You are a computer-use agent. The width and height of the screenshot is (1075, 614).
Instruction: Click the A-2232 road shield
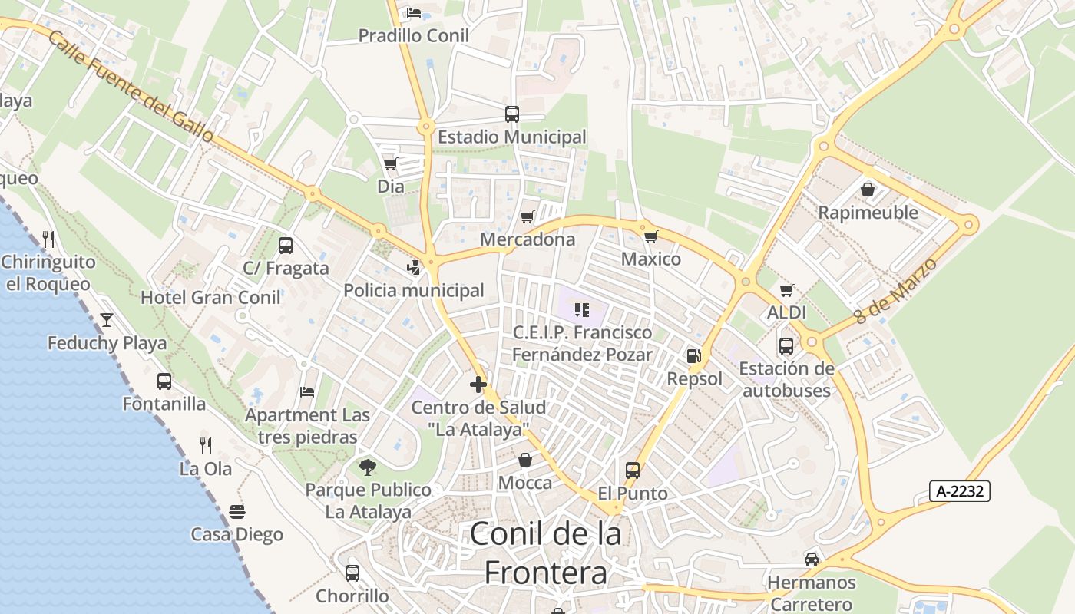(959, 491)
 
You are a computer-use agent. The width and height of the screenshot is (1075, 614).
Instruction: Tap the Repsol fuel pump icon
(693, 355)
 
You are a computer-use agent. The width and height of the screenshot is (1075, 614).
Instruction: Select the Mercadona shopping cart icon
(527, 217)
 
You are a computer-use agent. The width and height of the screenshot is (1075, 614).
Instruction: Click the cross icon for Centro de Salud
(478, 384)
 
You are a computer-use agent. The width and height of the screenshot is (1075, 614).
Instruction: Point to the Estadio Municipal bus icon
(512, 114)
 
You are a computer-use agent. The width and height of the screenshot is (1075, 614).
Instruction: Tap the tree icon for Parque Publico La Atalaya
(368, 467)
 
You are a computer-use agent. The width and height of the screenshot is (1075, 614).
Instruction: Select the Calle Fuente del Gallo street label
(131, 85)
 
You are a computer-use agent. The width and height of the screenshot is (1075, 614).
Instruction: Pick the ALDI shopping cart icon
(786, 290)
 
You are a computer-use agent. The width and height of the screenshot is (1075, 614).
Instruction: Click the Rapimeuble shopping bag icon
(868, 189)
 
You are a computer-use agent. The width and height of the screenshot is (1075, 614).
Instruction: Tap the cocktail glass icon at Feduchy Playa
(106, 319)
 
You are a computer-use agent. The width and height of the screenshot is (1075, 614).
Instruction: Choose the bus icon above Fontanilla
(164, 381)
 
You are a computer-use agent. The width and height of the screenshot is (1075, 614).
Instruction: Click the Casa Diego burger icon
(237, 511)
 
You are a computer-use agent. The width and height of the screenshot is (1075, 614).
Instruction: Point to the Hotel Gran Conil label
(210, 298)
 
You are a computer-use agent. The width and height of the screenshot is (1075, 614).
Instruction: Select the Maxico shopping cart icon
(650, 236)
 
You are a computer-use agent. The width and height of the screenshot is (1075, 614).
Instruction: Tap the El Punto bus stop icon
(632, 470)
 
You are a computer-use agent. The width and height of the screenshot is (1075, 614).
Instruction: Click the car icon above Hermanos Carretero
(812, 559)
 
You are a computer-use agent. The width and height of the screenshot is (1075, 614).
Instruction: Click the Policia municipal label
(414, 290)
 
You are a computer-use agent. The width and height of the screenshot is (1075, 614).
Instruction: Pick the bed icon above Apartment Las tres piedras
(307, 392)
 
